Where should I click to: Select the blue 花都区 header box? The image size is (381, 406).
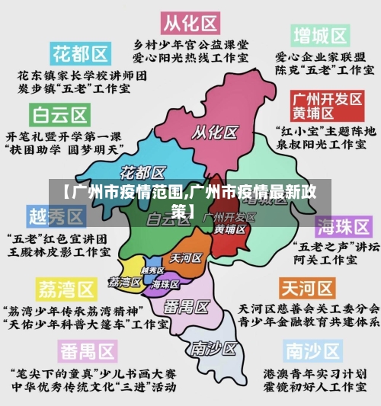pos(80,54)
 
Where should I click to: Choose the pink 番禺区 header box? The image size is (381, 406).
pos(88,352)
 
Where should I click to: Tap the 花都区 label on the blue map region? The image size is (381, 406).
pos(143,172)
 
